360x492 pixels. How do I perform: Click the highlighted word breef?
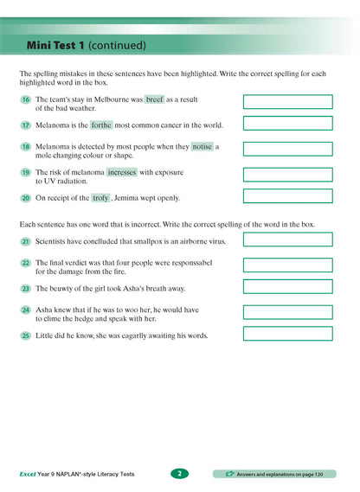[x=155, y=100]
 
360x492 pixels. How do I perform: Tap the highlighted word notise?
[x=202, y=147]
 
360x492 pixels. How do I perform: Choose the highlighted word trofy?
[x=100, y=197]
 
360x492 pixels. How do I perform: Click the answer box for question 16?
[x=287, y=102]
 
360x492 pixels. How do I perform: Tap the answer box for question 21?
[x=287, y=240]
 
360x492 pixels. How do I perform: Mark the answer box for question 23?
[x=287, y=287]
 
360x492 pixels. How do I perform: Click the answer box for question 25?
[x=287, y=335]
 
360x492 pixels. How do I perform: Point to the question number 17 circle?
[x=26, y=125]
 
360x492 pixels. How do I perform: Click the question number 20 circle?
[x=26, y=198]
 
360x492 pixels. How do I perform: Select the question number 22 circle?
[x=26, y=262]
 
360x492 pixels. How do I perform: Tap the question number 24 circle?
[x=26, y=310]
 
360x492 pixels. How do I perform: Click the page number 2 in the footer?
[x=178, y=473]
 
